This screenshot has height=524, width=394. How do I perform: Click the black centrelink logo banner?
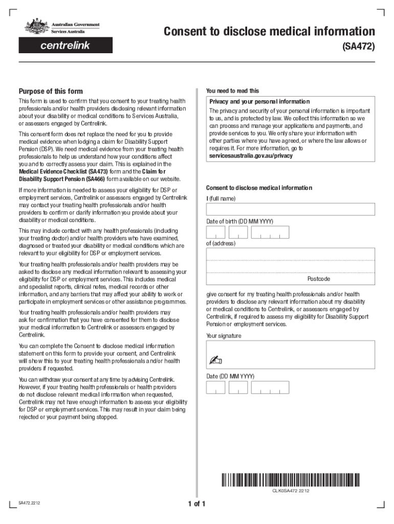pyautogui.click(x=65, y=46)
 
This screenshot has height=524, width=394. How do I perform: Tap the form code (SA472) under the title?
pyautogui.click(x=358, y=47)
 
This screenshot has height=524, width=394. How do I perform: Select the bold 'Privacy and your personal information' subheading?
pyautogui.click(x=259, y=101)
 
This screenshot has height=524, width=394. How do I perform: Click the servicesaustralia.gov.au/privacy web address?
pyautogui.click(x=251, y=156)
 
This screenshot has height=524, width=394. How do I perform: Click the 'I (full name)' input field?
pyautogui.click(x=290, y=209)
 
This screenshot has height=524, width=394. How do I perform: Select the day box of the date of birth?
pyautogui.click(x=215, y=232)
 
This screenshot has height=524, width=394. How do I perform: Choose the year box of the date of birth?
pyautogui.click(x=271, y=232)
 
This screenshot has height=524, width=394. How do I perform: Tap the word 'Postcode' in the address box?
pyautogui.click(x=318, y=279)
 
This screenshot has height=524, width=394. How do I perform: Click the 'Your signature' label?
pyautogui.click(x=224, y=336)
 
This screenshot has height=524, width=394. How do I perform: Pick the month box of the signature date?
pyautogui.click(x=238, y=388)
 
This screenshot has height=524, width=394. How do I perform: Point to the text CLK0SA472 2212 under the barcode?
pyautogui.click(x=290, y=491)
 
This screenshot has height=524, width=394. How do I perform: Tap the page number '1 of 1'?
pyautogui.click(x=196, y=504)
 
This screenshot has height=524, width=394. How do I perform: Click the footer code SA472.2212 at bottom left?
pyautogui.click(x=30, y=503)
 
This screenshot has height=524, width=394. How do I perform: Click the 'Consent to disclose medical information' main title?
pyautogui.click(x=269, y=32)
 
